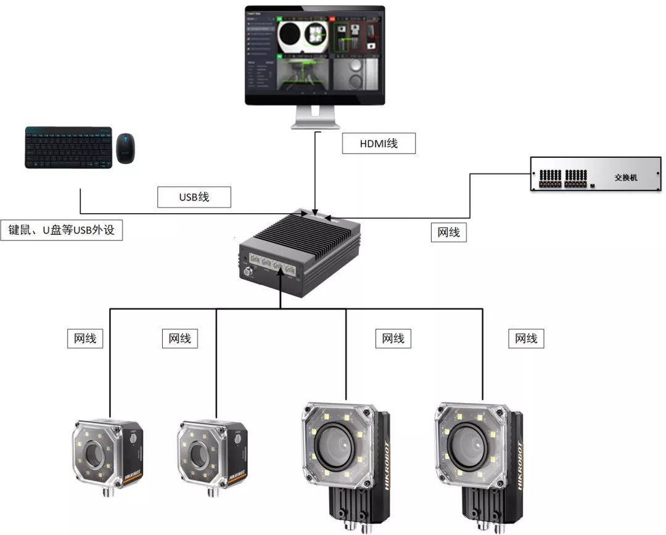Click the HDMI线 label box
(379, 144)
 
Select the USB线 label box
(194, 197)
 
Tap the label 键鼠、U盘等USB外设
(62, 231)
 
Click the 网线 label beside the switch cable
(448, 232)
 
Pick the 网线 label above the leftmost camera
(85, 338)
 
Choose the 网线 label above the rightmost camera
(526, 338)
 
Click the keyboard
(68, 147)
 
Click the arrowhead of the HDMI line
(316, 211)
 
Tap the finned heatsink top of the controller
(308, 231)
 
